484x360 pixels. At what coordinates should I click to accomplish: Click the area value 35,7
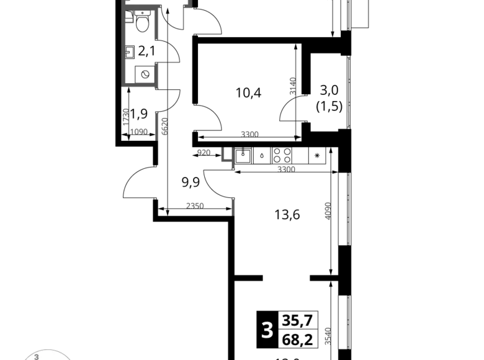(298, 321)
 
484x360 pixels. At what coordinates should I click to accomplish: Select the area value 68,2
(298, 340)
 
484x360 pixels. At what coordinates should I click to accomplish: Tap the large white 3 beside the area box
(267, 330)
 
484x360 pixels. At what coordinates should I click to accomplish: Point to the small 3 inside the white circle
(37, 357)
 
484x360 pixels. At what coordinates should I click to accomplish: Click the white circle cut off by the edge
(48, 355)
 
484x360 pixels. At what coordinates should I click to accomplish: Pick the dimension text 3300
(287, 169)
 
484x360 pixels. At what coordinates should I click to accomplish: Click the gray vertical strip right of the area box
(328, 336)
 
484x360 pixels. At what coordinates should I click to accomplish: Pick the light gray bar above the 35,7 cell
(298, 310)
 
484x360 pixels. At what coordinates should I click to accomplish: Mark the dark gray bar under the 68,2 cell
(298, 348)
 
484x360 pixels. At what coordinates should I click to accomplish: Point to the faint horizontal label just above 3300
(250, 133)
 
